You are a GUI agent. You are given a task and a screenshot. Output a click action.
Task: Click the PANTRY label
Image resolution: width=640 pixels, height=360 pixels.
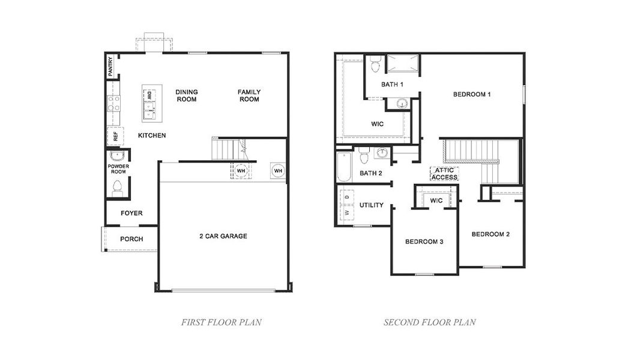coord(110,67)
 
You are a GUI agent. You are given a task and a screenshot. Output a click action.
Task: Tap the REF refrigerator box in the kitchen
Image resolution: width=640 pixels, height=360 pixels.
coord(115,136)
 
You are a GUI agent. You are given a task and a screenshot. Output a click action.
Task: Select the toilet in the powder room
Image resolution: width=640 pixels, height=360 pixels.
coord(117,187)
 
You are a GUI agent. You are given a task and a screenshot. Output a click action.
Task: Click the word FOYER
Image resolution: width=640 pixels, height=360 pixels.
coord(131,213)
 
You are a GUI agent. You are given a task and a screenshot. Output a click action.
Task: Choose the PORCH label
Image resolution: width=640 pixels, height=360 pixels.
coord(131,239)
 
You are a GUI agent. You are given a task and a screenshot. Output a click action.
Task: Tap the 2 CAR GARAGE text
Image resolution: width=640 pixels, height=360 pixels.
coord(223,236)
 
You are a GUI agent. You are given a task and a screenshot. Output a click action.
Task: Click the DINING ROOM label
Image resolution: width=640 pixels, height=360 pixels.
coord(187,95)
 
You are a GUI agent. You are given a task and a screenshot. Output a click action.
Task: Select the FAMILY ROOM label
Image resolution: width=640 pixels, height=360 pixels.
coord(249,95)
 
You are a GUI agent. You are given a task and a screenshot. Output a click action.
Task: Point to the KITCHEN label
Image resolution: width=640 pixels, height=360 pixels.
coord(152,136)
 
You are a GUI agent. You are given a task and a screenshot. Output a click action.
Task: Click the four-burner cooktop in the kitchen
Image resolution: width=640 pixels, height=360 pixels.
coord(113,104)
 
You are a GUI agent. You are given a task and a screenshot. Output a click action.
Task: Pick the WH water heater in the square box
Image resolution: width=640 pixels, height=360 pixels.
coord(278,171)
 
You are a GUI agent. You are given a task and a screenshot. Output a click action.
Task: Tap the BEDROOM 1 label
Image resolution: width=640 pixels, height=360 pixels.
coord(472,94)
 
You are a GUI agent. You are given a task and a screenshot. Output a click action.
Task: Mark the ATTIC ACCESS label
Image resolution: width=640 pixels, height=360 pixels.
coord(444,174)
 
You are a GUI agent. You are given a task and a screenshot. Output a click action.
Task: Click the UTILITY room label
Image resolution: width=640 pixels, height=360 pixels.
coord(371,205)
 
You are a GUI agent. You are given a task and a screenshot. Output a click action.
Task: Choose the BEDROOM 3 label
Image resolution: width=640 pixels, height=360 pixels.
coord(424,242)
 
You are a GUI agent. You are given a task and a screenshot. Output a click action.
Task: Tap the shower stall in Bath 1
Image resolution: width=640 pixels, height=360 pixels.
coord(402,64)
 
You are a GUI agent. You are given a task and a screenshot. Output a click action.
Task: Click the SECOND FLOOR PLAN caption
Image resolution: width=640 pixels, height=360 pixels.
coord(430,322)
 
